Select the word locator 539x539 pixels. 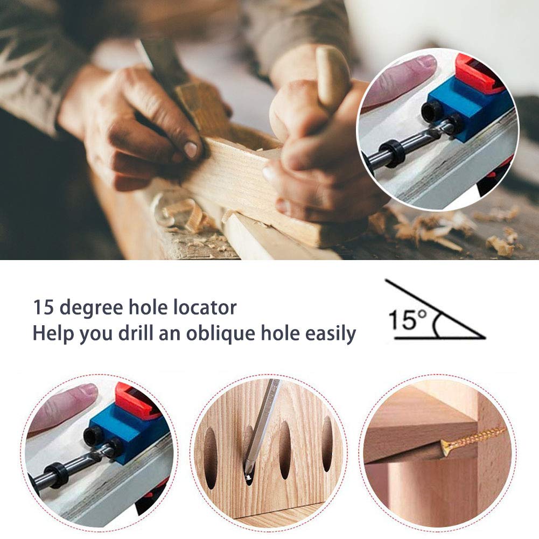tap(207, 308)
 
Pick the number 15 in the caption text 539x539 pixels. tap(44, 308)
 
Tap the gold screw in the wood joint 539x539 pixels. tap(474, 437)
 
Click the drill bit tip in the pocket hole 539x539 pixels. tap(249, 477)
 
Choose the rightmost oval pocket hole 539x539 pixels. tap(327, 443)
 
